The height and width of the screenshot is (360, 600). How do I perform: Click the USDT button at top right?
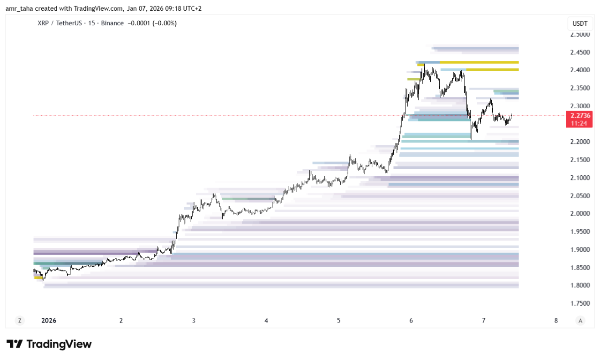coord(579,23)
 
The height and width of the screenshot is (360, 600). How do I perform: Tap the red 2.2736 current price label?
coord(579,115)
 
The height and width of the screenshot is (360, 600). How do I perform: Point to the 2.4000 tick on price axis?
coord(579,70)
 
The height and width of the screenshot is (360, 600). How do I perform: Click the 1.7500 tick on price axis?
coord(579,303)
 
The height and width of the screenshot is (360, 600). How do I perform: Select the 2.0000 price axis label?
coord(579,214)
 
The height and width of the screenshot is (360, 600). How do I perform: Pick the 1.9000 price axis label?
coord(579,250)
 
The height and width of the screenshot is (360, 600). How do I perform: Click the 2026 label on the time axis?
coord(49,321)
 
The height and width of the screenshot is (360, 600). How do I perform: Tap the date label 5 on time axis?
coord(338,321)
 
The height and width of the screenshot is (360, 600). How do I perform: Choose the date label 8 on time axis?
coord(556,321)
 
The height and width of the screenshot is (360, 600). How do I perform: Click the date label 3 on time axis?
coord(194,321)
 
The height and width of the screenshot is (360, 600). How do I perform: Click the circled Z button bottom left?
coord(19,321)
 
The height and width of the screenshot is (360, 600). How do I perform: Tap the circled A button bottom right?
coord(580,321)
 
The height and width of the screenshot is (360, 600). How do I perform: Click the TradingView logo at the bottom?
coord(49,345)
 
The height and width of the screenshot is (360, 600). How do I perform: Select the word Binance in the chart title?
coord(112,23)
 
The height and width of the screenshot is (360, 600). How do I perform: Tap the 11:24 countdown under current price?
coord(579,123)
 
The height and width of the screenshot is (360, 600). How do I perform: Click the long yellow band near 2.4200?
coord(478,62)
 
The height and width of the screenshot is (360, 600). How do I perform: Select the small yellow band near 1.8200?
coord(38,277)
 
